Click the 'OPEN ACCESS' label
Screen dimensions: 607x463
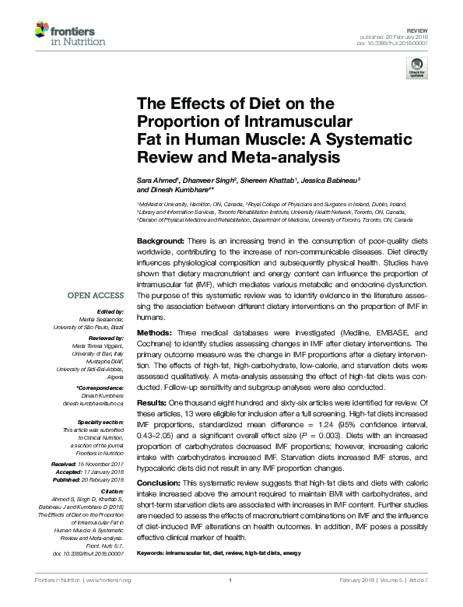tap(95, 296)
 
